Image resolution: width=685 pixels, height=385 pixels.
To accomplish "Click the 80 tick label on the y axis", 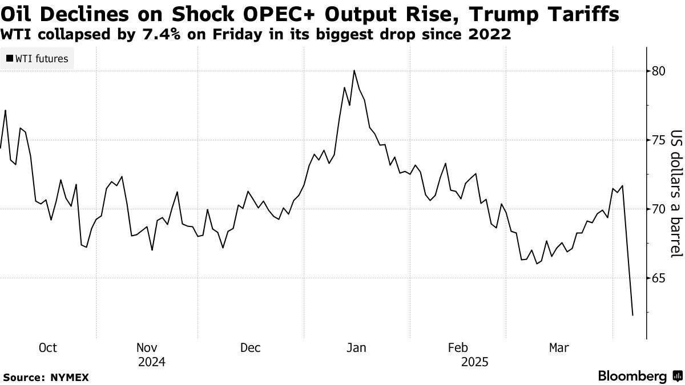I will click(x=658, y=71).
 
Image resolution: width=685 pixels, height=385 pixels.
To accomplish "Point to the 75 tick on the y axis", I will click(x=658, y=140).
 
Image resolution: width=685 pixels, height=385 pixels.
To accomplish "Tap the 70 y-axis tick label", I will click(x=658, y=209).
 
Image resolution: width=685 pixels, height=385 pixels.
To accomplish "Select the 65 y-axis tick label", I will click(x=658, y=278).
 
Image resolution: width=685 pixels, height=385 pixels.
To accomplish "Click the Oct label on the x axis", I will click(x=48, y=348).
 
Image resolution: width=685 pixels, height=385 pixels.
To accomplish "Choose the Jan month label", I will click(x=357, y=348).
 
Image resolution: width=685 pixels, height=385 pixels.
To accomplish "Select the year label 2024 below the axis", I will click(x=152, y=362).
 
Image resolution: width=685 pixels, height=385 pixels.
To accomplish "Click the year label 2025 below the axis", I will click(x=474, y=362).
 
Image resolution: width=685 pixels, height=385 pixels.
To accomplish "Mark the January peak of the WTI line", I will click(x=354, y=70).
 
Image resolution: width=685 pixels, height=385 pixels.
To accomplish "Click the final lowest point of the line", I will click(x=632, y=315).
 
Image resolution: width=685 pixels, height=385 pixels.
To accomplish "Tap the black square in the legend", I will click(x=10, y=58).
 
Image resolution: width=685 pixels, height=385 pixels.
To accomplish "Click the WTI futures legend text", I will click(x=42, y=58).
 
